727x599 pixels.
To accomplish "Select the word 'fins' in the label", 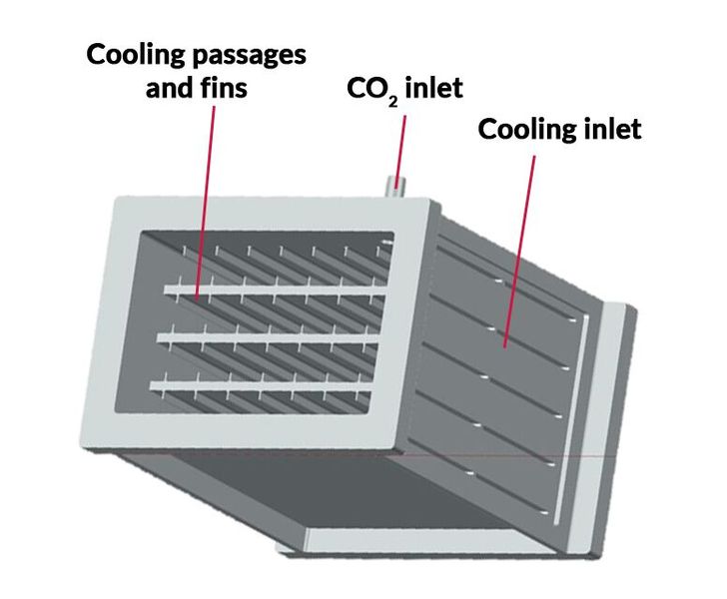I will click(x=225, y=89).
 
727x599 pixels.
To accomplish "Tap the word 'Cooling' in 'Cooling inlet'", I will click(x=526, y=130).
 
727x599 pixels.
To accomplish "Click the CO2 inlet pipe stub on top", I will click(x=397, y=184).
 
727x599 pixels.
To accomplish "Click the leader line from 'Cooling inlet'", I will click(x=521, y=250).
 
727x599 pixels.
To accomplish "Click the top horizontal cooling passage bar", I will click(x=270, y=289).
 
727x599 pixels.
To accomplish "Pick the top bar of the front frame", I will click(x=270, y=213).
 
